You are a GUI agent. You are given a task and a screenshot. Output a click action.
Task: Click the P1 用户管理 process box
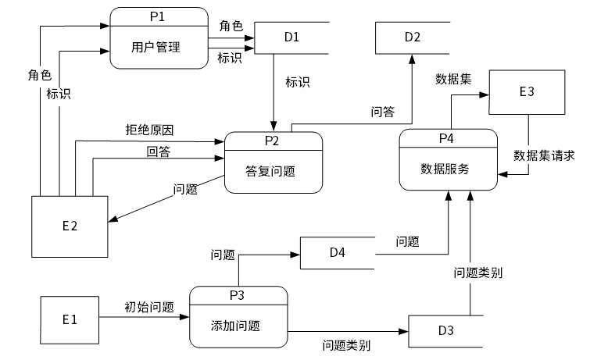pyautogui.click(x=159, y=38)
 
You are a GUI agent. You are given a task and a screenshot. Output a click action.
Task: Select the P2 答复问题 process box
pyautogui.click(x=274, y=162)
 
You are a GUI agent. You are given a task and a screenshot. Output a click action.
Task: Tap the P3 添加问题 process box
pyautogui.click(x=238, y=317)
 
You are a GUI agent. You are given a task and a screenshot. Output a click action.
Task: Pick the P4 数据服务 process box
pyautogui.click(x=448, y=160)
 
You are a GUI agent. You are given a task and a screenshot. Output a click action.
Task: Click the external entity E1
pyautogui.click(x=70, y=320)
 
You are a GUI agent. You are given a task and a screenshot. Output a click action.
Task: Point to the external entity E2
pyautogui.click(x=70, y=226)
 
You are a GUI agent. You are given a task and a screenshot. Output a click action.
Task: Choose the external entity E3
pyautogui.click(x=527, y=92)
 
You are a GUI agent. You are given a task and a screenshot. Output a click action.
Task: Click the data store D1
pyautogui.click(x=291, y=37)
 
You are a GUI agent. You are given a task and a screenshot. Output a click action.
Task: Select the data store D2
pyautogui.click(x=413, y=37)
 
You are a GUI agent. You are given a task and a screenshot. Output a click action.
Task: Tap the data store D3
pyautogui.click(x=446, y=331)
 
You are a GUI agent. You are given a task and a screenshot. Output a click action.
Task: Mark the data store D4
pyautogui.click(x=338, y=253)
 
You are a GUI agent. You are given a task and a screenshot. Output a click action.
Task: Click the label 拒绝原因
pyautogui.click(x=149, y=130)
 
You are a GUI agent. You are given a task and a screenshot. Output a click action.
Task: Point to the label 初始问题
pyautogui.click(x=149, y=308)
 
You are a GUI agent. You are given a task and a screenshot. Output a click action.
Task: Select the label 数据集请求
pyautogui.click(x=544, y=155)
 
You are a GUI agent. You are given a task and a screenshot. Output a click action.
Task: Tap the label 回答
pyautogui.click(x=159, y=151)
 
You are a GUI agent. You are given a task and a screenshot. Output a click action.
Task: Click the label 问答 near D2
pyautogui.click(x=383, y=112)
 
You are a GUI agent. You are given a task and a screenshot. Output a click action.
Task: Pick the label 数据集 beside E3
pyautogui.click(x=453, y=79)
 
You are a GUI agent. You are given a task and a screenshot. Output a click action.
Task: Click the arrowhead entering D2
pyautogui.click(x=412, y=59)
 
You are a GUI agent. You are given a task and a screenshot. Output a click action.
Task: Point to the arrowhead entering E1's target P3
pyautogui.click(x=184, y=317)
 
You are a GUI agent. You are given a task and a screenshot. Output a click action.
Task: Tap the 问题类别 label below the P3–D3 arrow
pyautogui.click(x=346, y=345)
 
